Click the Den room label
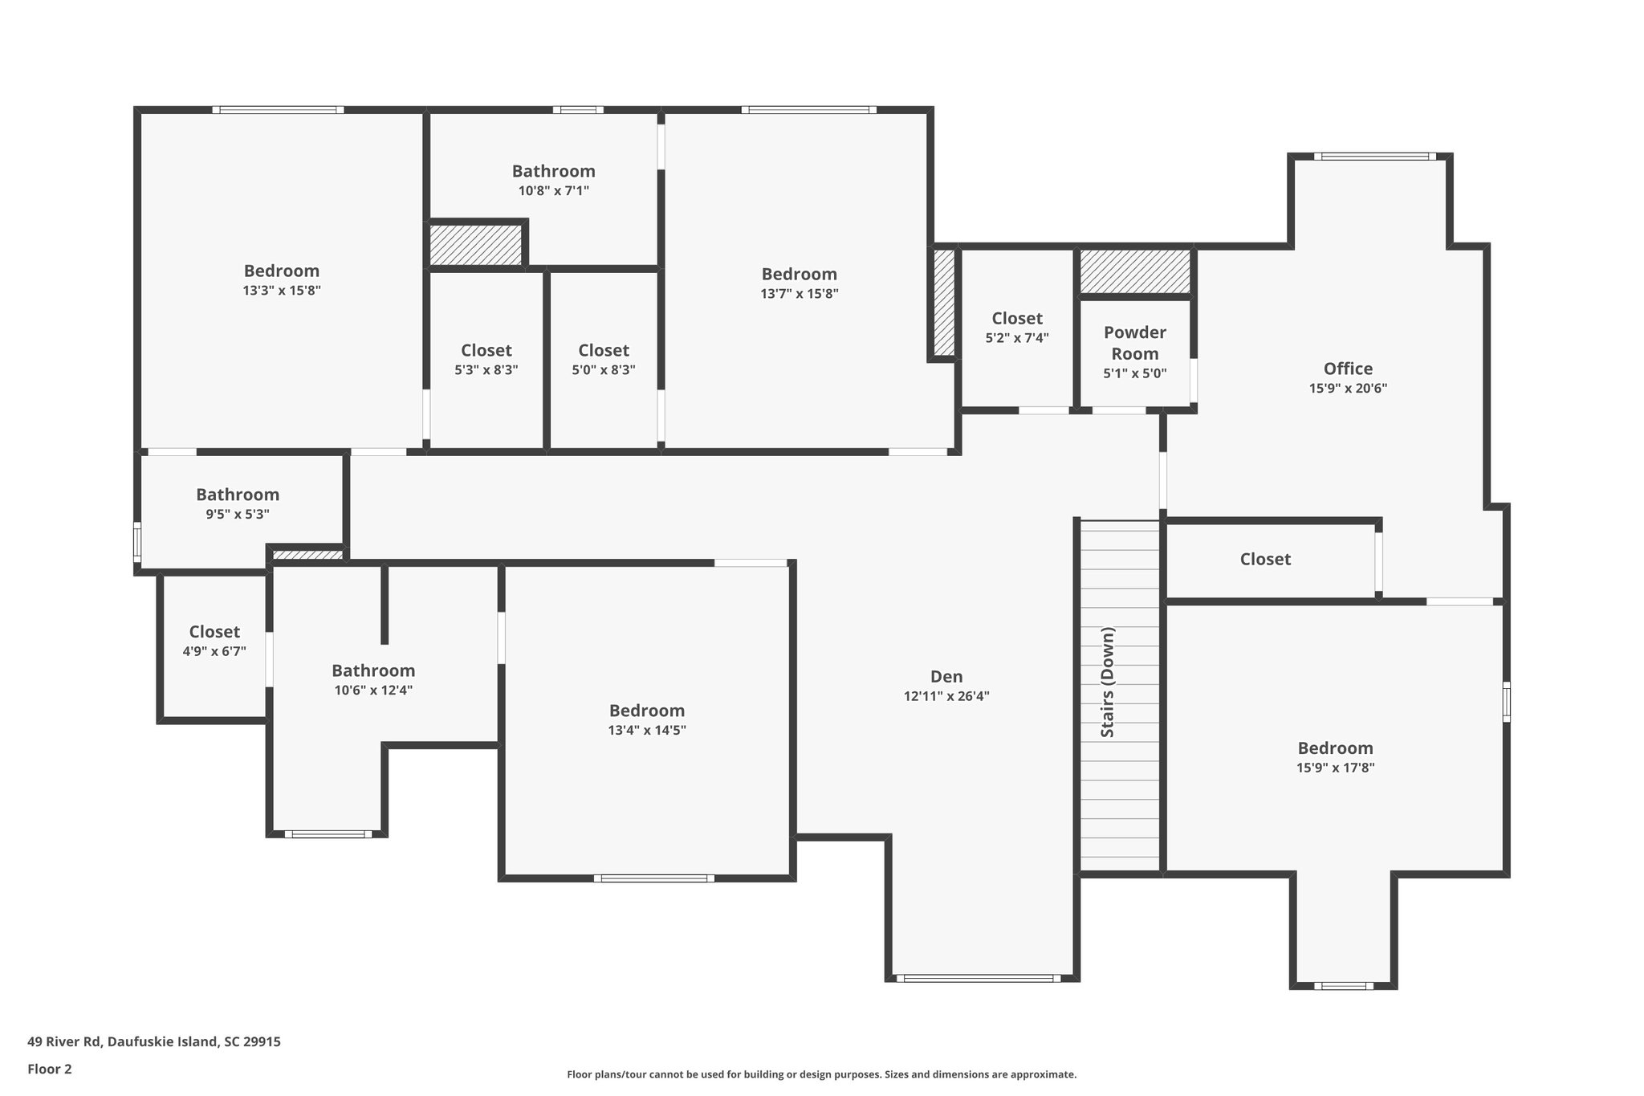click(946, 677)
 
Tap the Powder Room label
click(1134, 343)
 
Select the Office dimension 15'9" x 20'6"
click(1348, 389)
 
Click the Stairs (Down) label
click(1108, 682)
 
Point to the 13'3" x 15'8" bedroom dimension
click(282, 291)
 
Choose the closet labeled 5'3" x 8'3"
click(486, 351)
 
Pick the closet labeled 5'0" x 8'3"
click(604, 351)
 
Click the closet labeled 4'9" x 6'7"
click(214, 632)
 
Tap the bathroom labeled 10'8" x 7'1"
click(554, 171)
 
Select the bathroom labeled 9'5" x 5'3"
click(238, 495)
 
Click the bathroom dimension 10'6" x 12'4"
click(373, 691)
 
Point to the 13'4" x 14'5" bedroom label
click(647, 711)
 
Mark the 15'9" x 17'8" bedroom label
click(1335, 748)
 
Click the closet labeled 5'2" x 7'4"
click(1017, 319)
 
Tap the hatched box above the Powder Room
click(1134, 272)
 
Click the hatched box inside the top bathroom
click(475, 245)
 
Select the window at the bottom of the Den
click(978, 978)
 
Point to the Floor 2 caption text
click(50, 1069)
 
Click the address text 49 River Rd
click(64, 1041)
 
